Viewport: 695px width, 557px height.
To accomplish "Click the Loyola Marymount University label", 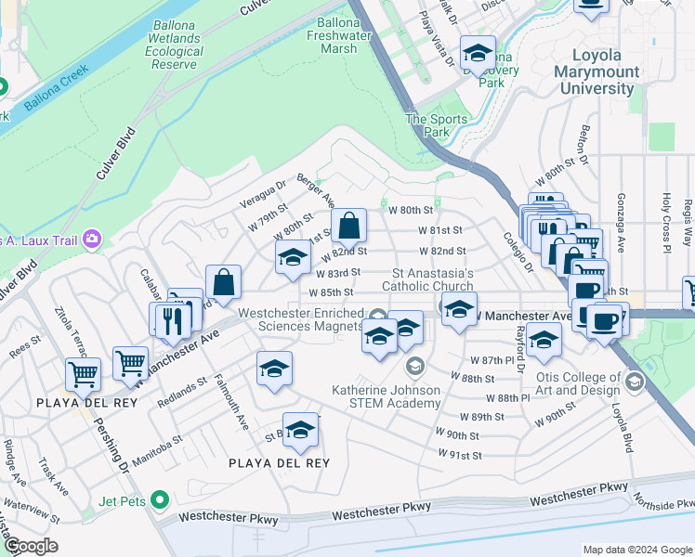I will (x=596, y=71).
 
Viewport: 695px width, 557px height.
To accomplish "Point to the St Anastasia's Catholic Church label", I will (x=433, y=279).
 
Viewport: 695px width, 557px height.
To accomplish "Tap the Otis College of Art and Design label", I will (x=577, y=383).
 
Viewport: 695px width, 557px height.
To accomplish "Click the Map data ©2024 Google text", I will (x=636, y=550).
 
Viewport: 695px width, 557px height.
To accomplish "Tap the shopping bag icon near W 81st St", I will (x=348, y=226).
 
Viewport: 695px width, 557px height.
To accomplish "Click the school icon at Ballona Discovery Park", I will (x=478, y=54).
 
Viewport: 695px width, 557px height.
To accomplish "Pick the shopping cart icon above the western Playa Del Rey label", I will (x=83, y=374).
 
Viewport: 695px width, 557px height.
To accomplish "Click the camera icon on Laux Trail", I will (x=91, y=240).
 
